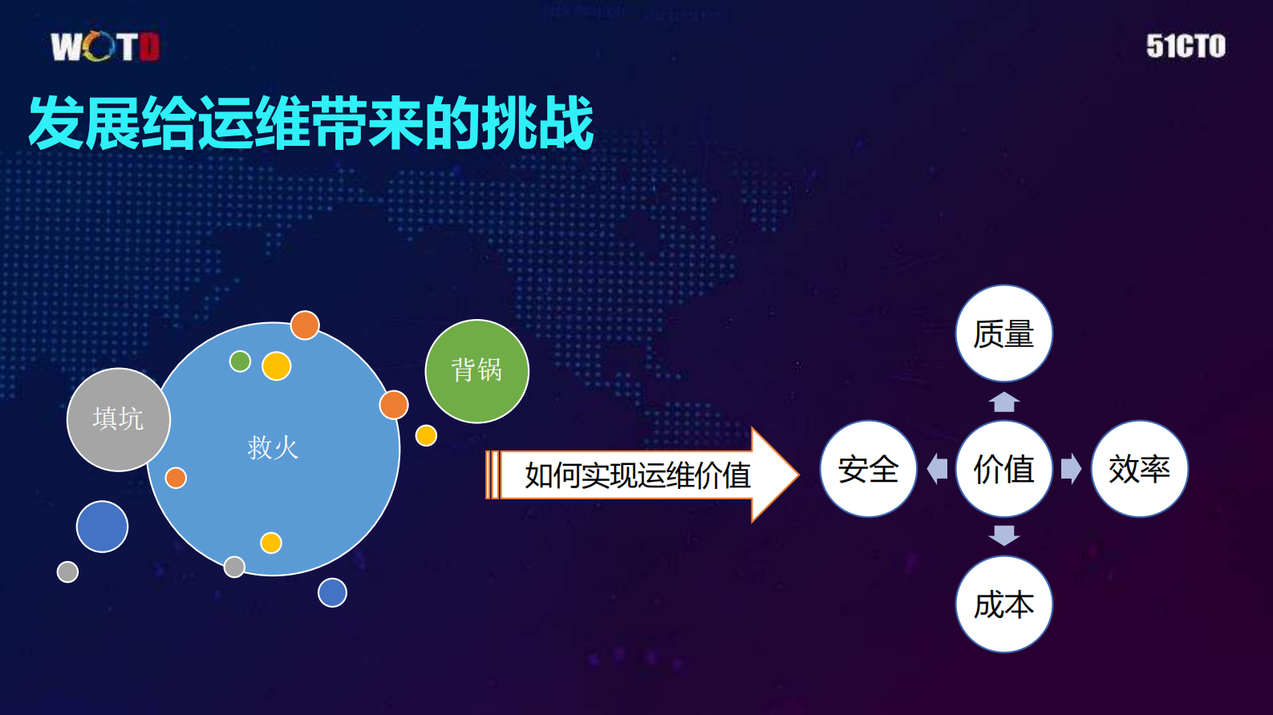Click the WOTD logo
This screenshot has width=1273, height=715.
105,46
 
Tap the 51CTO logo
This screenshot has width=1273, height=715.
1186,46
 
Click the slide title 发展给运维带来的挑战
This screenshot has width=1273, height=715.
311,123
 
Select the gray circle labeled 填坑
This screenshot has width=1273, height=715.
119,419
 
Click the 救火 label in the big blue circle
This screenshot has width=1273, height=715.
273,447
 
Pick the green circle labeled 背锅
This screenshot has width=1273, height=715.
476,370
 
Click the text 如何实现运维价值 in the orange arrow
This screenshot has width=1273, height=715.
637,475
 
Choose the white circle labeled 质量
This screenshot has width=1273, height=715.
1003,333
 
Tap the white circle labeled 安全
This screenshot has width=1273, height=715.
868,469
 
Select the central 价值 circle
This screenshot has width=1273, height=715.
1003,469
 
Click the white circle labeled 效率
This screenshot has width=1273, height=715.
1139,469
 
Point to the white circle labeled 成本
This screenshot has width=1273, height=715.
1003,604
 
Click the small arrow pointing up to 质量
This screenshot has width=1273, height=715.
1004,402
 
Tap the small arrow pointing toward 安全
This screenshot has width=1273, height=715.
937,469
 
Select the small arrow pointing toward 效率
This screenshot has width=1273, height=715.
1071,469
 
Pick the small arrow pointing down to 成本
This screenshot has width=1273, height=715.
1004,535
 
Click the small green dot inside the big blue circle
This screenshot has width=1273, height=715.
240,362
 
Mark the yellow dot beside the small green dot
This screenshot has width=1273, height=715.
276,366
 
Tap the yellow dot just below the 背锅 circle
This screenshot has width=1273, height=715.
426,435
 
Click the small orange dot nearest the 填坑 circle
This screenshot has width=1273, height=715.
176,478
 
